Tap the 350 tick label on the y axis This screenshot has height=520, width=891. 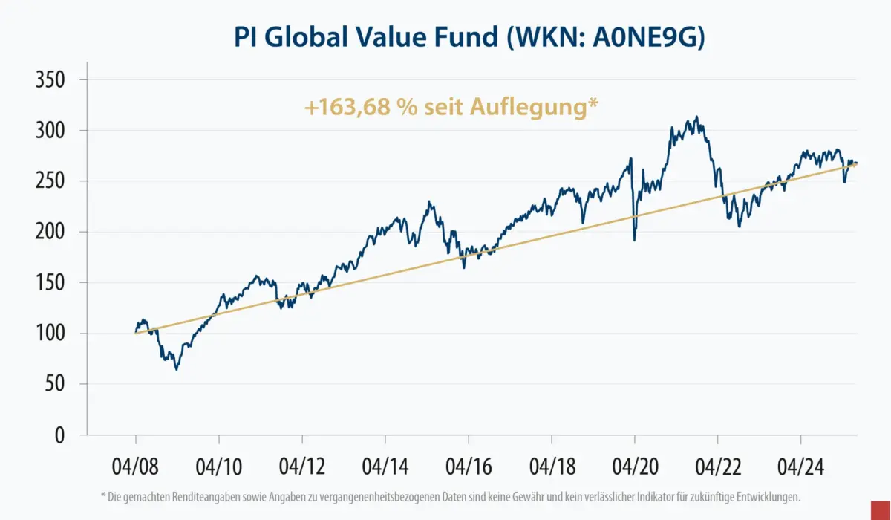click(51, 79)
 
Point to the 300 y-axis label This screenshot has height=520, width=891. click(51, 131)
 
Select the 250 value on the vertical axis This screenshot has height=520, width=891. click(51, 181)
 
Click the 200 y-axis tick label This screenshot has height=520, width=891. click(51, 232)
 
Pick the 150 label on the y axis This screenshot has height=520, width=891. click(51, 283)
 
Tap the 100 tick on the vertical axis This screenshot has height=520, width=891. click(51, 334)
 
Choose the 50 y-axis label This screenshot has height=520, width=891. click(56, 384)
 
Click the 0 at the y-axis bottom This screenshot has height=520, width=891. click(65, 435)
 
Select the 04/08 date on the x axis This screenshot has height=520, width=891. click(135, 468)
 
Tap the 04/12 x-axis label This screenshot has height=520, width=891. click(301, 468)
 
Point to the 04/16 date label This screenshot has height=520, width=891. click(468, 468)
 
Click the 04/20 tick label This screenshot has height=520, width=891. click(634, 468)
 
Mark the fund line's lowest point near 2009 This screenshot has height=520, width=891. click(176, 369)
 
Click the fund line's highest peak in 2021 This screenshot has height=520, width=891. click(696, 117)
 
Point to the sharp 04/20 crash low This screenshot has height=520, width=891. click(634, 240)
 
